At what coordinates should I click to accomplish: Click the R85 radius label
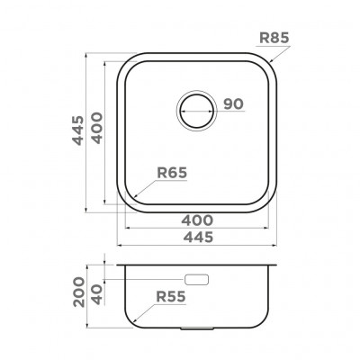274,38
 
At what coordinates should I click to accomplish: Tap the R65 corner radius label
172,173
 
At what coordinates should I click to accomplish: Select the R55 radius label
171,297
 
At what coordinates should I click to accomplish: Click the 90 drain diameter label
233,104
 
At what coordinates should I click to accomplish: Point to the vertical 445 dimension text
78,130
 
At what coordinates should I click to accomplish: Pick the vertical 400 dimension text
97,128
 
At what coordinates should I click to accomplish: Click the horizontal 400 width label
197,220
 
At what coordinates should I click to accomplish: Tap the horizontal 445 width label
198,238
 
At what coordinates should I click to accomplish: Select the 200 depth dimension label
79,292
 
